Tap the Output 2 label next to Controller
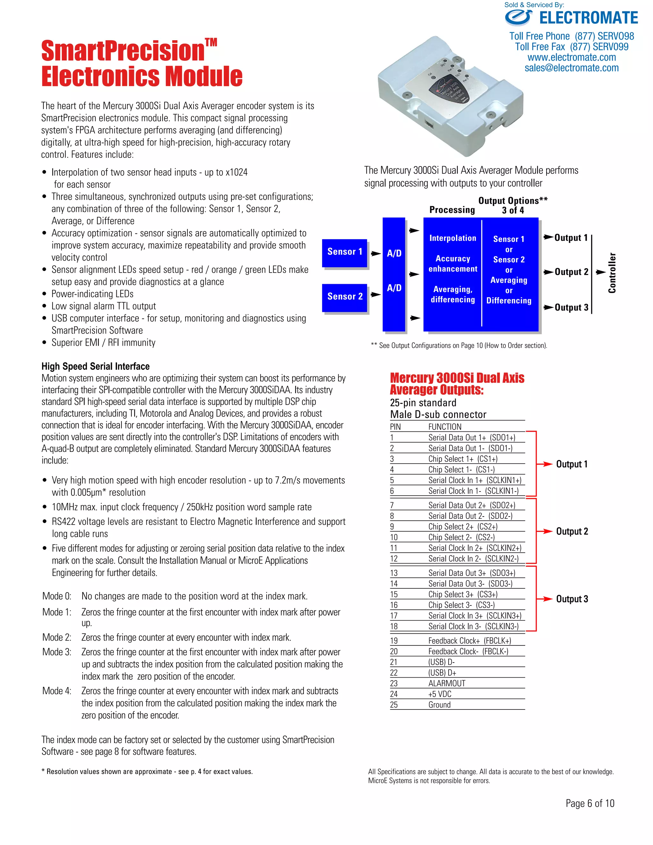tap(571, 272)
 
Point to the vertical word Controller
tap(612, 273)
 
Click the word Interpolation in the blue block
tap(453, 238)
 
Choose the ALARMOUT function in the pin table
tap(447, 684)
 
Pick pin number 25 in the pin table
tap(394, 705)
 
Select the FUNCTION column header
tap(445, 427)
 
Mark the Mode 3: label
tap(57, 652)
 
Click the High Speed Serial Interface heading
tap(96, 366)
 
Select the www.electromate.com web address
tap(571, 57)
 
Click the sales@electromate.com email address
tap(571, 68)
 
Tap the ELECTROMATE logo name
tap(588, 18)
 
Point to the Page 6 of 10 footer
tap(590, 804)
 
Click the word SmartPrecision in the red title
tap(123, 51)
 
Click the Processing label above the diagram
tap(452, 210)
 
